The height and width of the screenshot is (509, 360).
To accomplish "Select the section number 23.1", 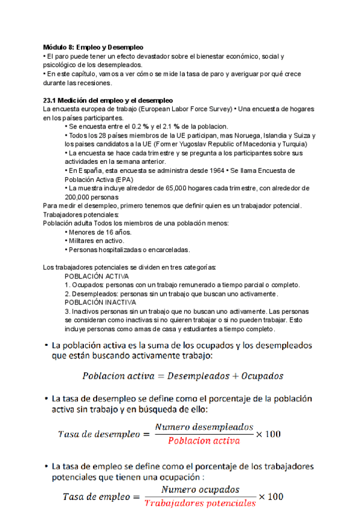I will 51,100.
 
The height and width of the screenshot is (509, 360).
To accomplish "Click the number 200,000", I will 79,197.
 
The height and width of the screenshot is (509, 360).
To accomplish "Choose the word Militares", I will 82,241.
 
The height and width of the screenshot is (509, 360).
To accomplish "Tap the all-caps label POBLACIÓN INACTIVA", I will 100,303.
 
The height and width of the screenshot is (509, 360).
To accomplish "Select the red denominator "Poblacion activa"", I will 204,441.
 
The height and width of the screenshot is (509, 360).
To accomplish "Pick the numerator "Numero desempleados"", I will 204,427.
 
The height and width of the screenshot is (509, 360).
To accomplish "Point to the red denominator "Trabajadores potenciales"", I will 200,503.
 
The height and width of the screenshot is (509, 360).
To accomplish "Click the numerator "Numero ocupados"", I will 200,489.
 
